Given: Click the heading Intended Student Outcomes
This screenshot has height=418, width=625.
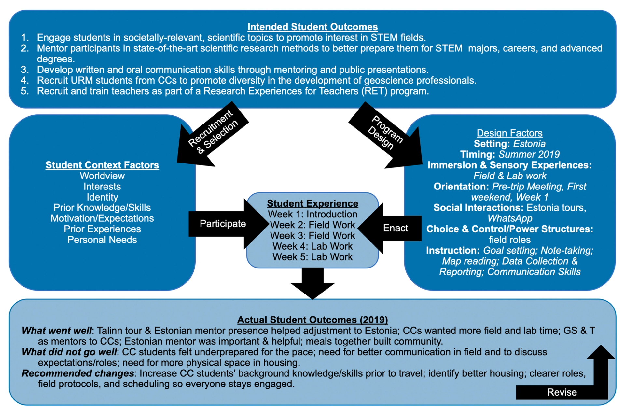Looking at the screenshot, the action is point(312,27).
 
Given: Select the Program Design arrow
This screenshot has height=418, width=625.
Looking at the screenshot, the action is point(386,135).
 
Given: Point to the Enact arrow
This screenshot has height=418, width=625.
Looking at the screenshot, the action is point(390,228).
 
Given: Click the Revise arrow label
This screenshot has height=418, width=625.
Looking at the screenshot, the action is point(562,392).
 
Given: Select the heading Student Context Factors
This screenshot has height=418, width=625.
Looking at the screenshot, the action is point(102,165).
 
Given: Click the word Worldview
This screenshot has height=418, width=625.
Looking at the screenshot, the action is point(102,176).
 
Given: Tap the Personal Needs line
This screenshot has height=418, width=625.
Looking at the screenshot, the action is point(102,240).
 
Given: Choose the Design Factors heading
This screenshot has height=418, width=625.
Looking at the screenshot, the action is point(509,133).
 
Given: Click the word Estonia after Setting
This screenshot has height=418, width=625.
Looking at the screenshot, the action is point(529,144).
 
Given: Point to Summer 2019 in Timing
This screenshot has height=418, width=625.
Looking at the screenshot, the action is point(529,154).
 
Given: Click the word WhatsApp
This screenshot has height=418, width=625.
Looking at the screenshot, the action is point(510,218).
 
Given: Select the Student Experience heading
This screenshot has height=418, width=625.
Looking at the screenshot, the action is point(312,203).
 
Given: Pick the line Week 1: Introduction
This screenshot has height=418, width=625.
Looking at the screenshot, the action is point(312,214).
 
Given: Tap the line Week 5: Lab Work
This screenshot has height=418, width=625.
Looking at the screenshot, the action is point(312,257).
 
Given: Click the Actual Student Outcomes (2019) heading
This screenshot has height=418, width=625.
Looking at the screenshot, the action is point(312,320).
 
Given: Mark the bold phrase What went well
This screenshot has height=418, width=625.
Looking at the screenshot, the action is point(57,331).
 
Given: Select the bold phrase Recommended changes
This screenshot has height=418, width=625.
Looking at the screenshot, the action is point(78,373).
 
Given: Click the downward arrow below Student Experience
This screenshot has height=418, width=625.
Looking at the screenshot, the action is point(312,283).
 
